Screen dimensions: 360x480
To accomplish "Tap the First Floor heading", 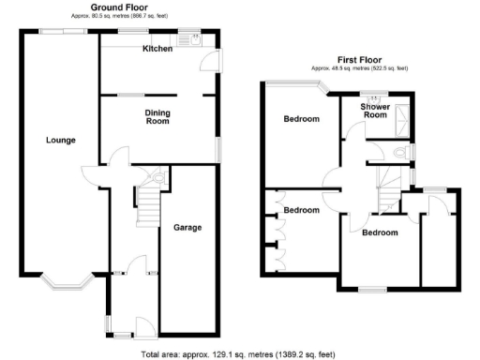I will [360, 60].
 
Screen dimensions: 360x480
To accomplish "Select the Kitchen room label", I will [157, 49].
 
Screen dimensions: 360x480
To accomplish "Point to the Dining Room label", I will [157, 117].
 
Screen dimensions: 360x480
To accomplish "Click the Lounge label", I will [60, 141].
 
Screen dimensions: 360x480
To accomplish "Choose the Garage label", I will [187, 227].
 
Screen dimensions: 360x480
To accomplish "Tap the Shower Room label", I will [375, 111].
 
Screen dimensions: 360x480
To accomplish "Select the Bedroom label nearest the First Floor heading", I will [302, 119].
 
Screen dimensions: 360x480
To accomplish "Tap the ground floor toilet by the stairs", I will [157, 176].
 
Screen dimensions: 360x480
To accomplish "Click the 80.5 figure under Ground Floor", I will [97, 16].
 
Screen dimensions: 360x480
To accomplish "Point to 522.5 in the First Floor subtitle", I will [384, 68].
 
